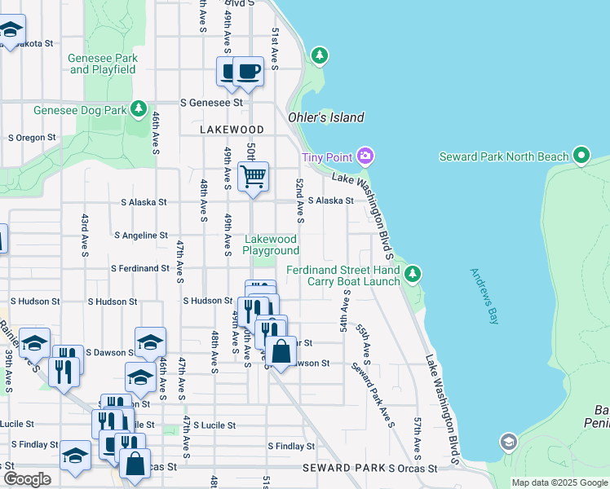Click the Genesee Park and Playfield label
click(103, 64)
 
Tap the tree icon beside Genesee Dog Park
click(138, 109)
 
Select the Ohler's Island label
click(325, 117)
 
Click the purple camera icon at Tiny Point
click(365, 156)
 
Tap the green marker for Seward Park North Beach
click(581, 155)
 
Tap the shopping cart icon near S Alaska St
click(254, 177)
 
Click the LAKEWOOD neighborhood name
click(232, 130)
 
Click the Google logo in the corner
click(27, 479)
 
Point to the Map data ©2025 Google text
click(559, 482)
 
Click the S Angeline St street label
click(146, 235)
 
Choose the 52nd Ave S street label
click(300, 200)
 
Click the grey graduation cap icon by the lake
click(508, 443)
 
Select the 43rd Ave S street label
click(84, 235)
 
